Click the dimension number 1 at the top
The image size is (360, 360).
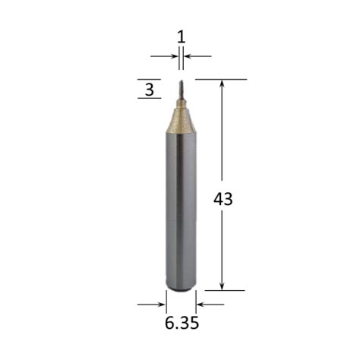[x=182, y=37]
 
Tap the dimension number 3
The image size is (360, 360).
[x=150, y=90]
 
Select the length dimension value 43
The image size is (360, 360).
[x=223, y=199]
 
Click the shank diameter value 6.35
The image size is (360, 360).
[x=182, y=324]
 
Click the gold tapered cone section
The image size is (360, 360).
[x=181, y=120]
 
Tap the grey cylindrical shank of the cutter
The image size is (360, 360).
[x=181, y=211]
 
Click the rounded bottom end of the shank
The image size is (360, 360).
[x=181, y=289]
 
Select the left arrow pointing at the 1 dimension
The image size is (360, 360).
[x=164, y=56]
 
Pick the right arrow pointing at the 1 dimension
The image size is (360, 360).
[x=197, y=56]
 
